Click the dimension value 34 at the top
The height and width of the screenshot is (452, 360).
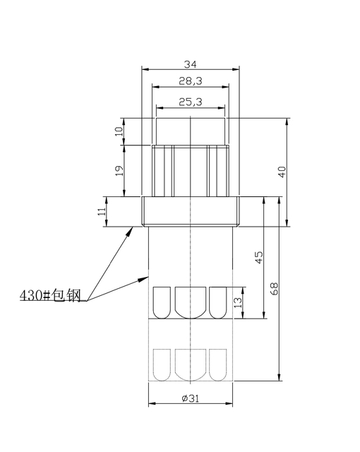191,64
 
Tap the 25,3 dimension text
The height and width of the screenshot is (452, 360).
191,102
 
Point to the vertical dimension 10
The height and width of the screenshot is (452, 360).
119,130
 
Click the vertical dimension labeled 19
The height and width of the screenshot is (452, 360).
119,170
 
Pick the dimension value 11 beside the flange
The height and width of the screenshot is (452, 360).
102,210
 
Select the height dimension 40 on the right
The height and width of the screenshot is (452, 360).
282,172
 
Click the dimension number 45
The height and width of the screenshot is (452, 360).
259,257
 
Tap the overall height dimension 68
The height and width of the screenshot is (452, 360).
275,289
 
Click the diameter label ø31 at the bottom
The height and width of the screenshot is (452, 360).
191,398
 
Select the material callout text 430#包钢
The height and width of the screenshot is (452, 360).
52,295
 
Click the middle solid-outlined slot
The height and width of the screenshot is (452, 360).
191,302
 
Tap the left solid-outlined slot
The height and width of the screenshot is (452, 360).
162,302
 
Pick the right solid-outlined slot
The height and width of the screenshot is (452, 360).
219,302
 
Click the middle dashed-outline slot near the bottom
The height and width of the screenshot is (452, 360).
191,365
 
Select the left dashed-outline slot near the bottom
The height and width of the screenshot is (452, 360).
162,365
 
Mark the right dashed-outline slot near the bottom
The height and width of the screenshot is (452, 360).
219,365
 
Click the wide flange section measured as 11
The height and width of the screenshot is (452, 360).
191,210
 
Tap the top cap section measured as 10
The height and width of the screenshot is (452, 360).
191,131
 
